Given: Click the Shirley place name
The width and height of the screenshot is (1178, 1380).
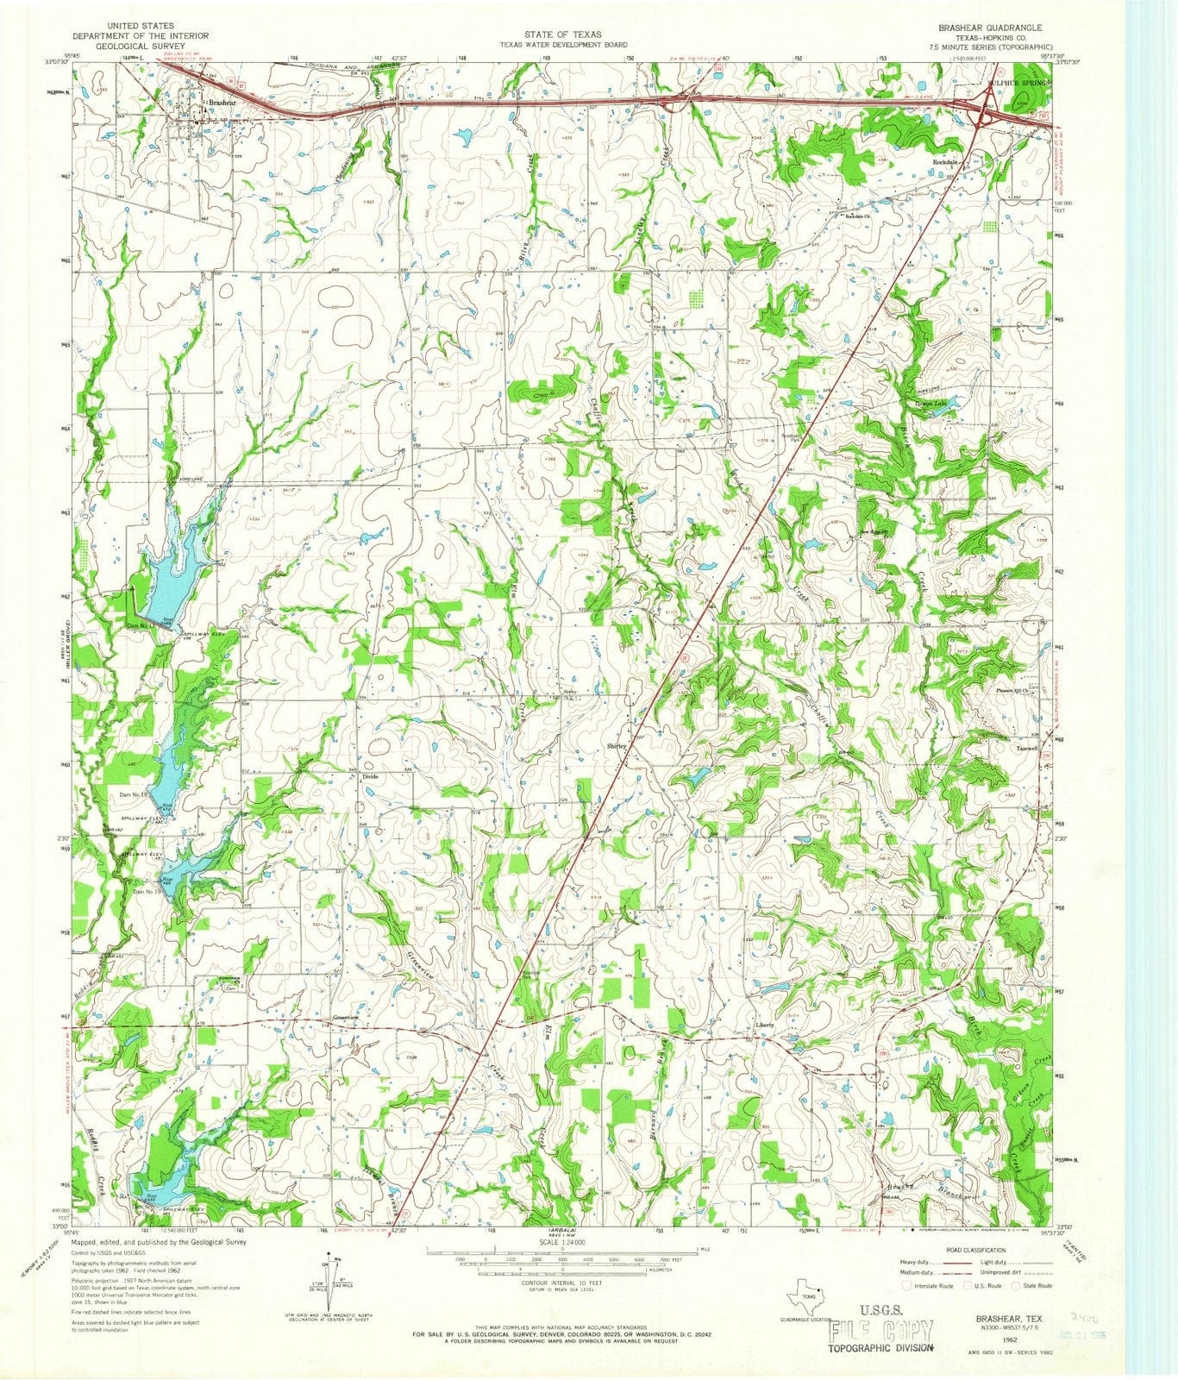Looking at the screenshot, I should point(617,746).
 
